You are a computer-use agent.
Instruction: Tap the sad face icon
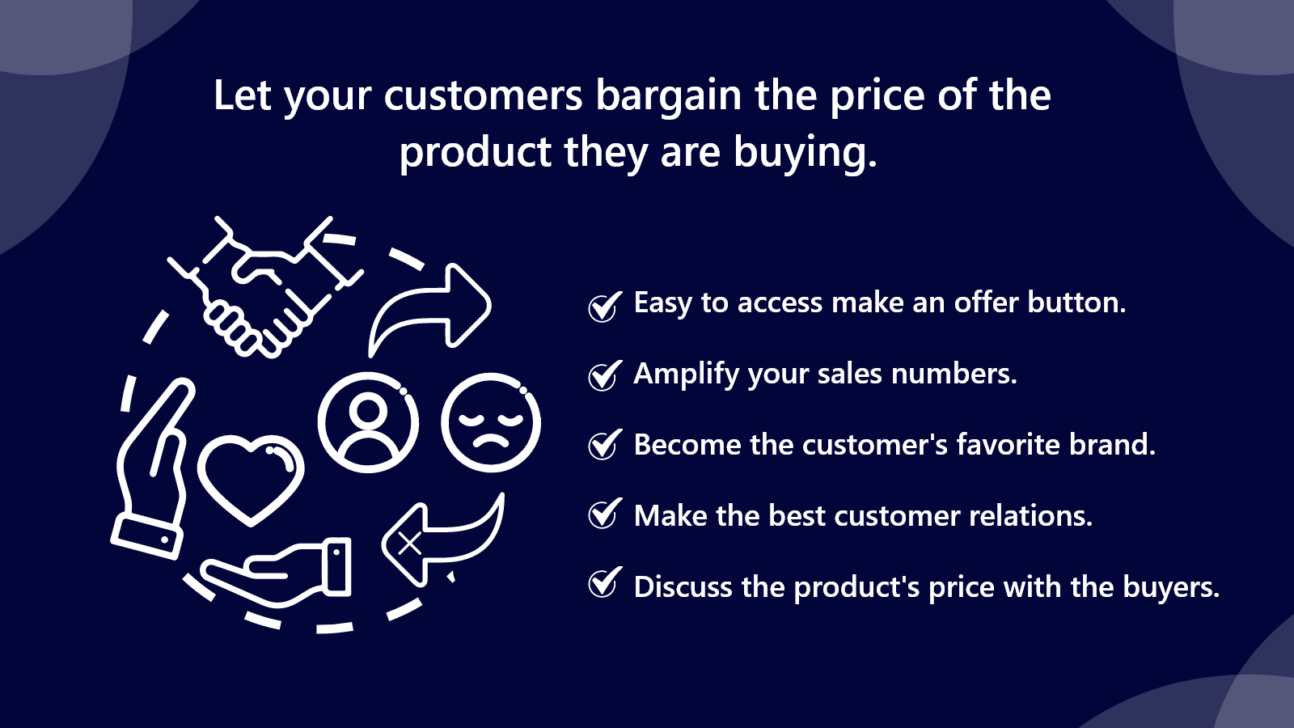coord(491,422)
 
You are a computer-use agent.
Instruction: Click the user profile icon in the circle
coord(368,422)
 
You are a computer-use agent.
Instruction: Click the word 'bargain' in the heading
coord(668,98)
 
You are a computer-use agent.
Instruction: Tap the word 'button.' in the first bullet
coord(1076,303)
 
